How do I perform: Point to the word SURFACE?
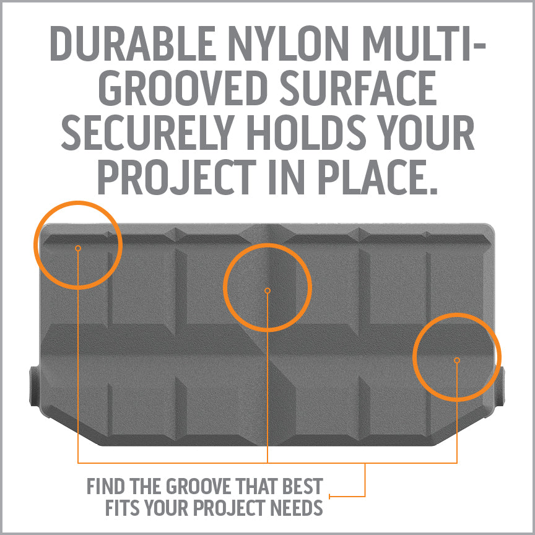point(358,88)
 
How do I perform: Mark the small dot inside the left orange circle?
point(78,248)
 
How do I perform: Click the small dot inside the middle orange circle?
point(267,290)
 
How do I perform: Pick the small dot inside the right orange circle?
point(457,360)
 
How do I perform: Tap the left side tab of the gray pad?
point(35,386)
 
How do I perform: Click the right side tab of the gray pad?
point(500,386)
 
